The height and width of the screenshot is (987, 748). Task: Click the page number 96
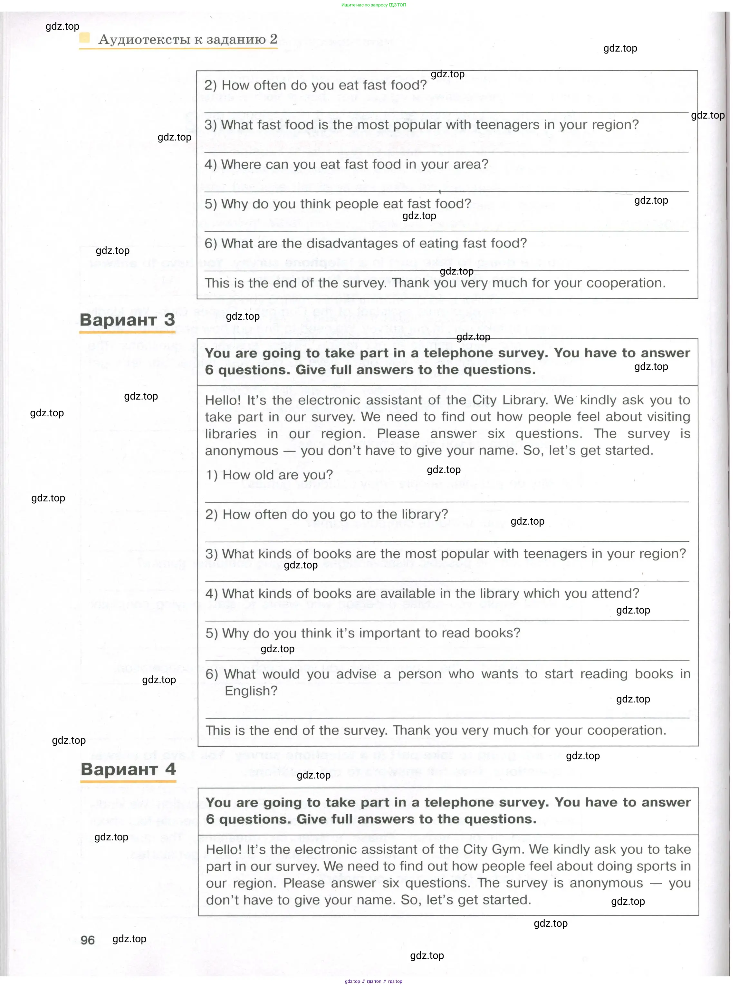[87, 940]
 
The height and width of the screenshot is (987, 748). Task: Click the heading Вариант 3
[127, 320]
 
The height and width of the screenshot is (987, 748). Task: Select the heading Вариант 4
[128, 769]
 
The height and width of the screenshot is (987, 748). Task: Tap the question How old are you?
[269, 475]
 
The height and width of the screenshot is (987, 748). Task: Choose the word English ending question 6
[251, 691]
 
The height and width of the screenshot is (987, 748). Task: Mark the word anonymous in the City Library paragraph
[241, 451]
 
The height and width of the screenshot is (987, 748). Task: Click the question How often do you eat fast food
[315, 85]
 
